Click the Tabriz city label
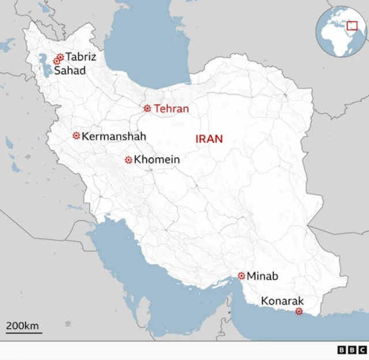click(x=81, y=57)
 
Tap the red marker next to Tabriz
click(x=60, y=57)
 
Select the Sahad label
click(x=69, y=71)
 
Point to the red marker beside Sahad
click(x=57, y=61)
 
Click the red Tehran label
click(x=171, y=108)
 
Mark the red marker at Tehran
click(x=147, y=108)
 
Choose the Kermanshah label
click(x=114, y=137)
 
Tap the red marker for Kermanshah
click(x=76, y=136)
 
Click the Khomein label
click(x=157, y=160)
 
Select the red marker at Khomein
click(x=129, y=160)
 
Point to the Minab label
click(x=262, y=276)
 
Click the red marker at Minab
click(x=242, y=276)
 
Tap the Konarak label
click(x=282, y=301)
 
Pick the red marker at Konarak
click(x=299, y=312)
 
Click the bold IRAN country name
click(x=209, y=139)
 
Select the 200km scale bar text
click(x=22, y=326)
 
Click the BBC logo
click(x=351, y=350)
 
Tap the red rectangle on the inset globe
click(x=352, y=25)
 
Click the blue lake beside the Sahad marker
click(x=44, y=64)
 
